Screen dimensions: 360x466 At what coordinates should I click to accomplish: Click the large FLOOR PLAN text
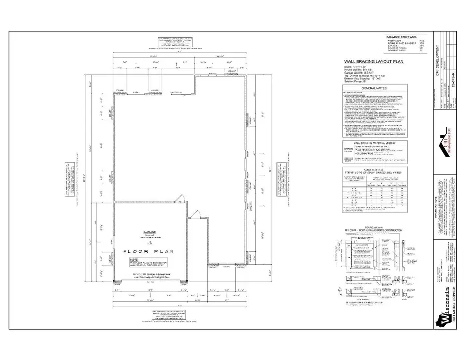148,251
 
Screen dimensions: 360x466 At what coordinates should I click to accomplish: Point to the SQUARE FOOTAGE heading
401,37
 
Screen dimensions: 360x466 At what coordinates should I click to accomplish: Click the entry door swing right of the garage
195,214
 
